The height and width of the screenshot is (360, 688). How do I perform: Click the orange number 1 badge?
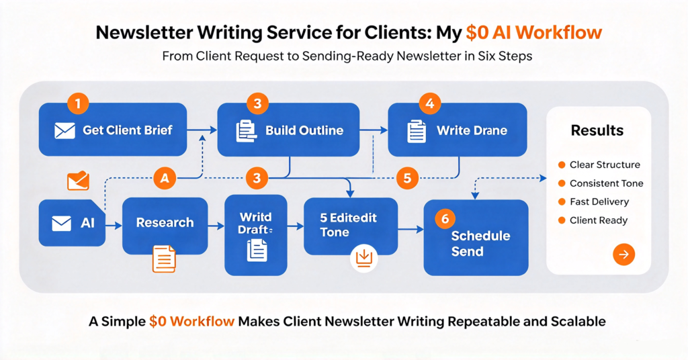tap(78, 104)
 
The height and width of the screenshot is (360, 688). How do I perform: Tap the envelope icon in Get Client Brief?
tap(64, 131)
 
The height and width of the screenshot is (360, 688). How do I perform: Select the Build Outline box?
tap(288, 130)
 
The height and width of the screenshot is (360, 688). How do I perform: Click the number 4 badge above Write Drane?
tap(429, 103)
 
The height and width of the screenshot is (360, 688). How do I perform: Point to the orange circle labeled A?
tap(165, 178)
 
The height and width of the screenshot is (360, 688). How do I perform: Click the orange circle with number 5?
tap(407, 178)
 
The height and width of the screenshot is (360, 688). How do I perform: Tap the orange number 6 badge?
tap(445, 219)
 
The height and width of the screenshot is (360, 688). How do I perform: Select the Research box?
tap(165, 226)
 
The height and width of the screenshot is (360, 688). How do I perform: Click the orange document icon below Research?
tap(164, 259)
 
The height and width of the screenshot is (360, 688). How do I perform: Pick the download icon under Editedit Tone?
tap(363, 258)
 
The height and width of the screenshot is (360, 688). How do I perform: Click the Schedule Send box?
tap(476, 238)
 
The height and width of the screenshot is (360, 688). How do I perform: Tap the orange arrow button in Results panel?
tap(623, 255)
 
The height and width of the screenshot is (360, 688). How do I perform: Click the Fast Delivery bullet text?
tap(599, 201)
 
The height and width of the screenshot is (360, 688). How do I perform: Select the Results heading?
tap(597, 130)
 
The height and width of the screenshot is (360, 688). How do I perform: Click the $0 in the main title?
tap(477, 33)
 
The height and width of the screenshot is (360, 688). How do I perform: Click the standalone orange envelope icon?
tap(78, 181)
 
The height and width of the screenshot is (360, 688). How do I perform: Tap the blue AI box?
tap(72, 223)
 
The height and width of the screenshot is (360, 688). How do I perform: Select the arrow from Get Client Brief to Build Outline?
tap(202, 130)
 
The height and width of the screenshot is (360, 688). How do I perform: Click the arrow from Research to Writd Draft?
tap(216, 226)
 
